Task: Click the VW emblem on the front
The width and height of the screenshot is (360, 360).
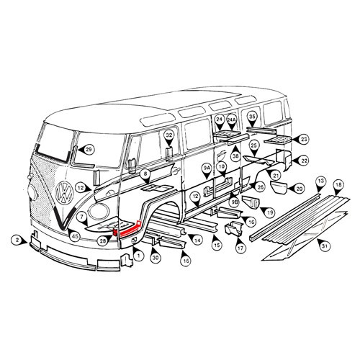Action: pos(64,193)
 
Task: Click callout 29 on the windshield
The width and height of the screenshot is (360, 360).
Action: pos(89,149)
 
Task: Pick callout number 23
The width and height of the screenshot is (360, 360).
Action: pos(304,138)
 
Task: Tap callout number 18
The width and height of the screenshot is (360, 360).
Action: pos(338,186)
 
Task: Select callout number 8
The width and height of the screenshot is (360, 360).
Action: pos(145,174)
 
